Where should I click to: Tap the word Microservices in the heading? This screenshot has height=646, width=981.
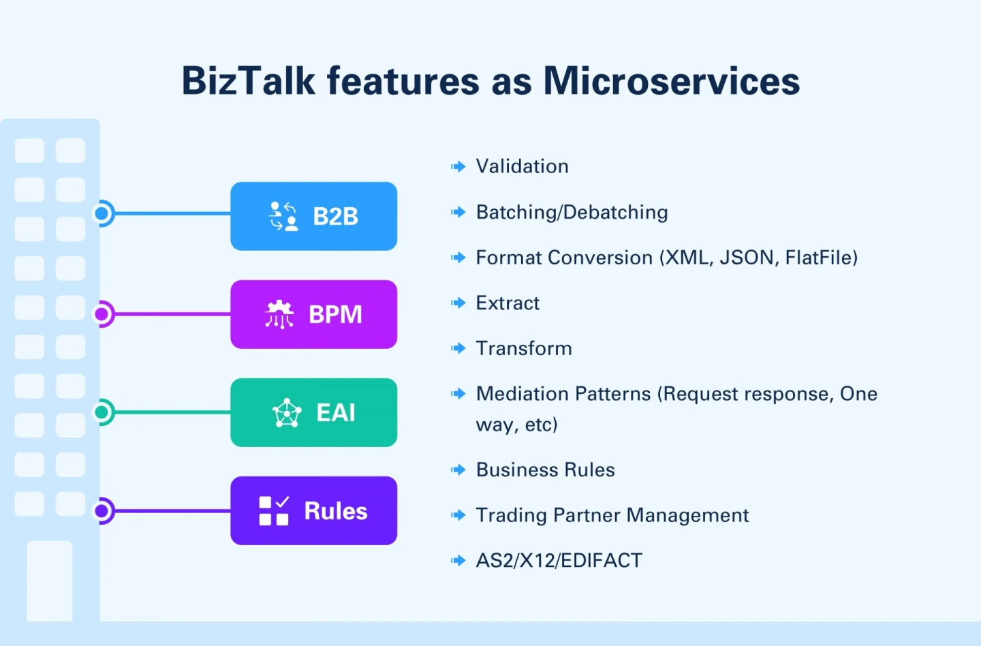tap(671, 81)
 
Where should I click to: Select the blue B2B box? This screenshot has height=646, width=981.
tap(313, 216)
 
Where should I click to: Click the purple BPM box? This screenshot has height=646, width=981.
tap(313, 314)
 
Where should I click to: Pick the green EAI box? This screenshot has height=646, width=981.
tap(313, 412)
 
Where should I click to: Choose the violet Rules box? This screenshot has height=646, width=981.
tap(313, 510)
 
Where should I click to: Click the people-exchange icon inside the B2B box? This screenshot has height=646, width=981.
tap(283, 216)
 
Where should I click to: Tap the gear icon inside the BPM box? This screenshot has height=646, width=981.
tap(279, 314)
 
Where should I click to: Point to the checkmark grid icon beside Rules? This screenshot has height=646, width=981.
tap(274, 510)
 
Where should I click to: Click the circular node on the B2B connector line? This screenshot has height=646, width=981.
tap(103, 214)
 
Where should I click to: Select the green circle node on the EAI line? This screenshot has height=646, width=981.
tap(103, 412)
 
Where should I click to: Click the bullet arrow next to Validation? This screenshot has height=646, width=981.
tap(458, 166)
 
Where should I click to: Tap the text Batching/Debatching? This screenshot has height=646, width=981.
tap(572, 212)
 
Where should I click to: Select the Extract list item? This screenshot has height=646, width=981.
tap(508, 303)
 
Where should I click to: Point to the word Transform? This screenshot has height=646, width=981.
tap(524, 348)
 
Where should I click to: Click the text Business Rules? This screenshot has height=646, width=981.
tap(545, 470)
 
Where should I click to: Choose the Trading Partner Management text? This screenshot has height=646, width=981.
tap(612, 515)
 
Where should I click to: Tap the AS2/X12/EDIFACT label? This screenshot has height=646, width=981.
tap(559, 560)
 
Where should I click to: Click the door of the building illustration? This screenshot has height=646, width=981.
tap(50, 581)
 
